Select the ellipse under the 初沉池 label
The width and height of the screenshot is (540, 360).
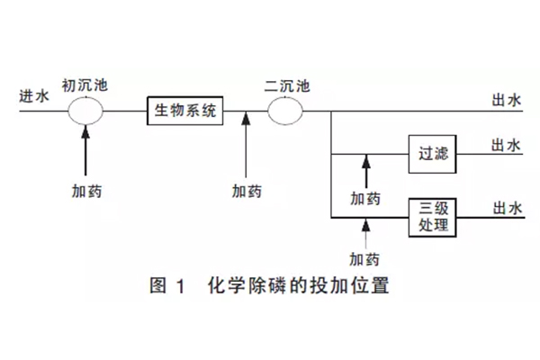coord(87,111)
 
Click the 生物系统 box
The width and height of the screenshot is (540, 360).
coord(184,111)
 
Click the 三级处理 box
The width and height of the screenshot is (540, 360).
coord(432,216)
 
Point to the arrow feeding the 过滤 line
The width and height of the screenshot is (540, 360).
coord(365,171)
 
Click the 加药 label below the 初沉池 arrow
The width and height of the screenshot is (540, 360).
coord(87,192)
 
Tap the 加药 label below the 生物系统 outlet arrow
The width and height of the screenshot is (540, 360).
coord(246,192)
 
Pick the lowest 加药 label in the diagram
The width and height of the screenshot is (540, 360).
coord(364,260)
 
